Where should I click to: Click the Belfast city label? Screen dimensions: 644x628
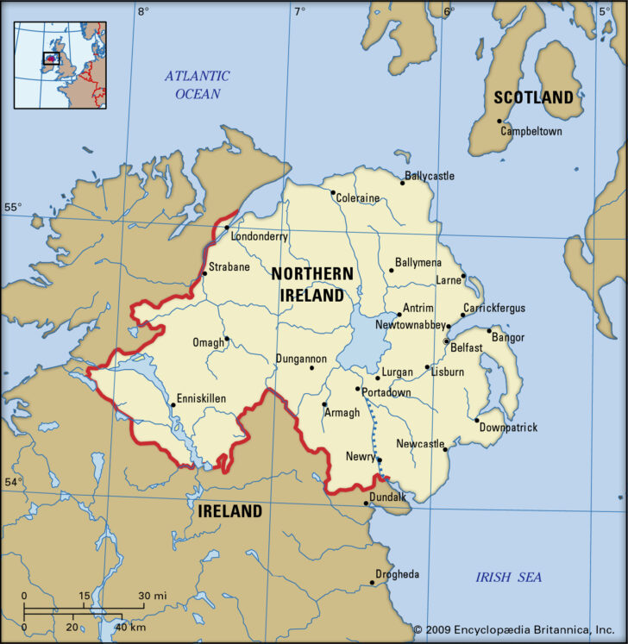467,348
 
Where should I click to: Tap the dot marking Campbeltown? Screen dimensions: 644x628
500,132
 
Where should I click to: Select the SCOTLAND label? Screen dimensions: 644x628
533,97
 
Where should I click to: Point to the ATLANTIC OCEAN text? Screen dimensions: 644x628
198,84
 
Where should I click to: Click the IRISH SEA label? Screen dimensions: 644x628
509,577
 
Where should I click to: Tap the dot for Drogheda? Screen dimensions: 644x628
372,582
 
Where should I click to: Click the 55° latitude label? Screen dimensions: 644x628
13,208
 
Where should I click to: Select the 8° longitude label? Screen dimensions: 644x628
142,11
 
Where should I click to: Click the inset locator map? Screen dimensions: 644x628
60,64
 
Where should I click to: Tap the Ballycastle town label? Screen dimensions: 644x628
430,176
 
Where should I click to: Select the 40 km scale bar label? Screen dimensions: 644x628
132,627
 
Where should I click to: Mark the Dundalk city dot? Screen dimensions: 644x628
367,503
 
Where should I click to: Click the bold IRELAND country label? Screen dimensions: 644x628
229,511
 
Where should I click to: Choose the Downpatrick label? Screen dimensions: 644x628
509,428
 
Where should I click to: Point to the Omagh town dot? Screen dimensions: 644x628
227,339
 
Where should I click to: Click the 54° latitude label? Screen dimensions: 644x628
13,482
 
